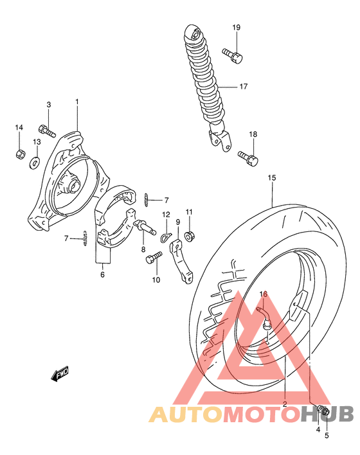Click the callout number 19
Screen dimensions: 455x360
(x=236, y=28)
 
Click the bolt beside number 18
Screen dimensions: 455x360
(x=248, y=156)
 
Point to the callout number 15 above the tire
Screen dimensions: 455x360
(x=272, y=177)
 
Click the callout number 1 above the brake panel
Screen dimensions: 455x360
(x=76, y=102)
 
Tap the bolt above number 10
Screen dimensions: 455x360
(x=152, y=258)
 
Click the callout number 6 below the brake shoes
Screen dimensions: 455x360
(x=102, y=274)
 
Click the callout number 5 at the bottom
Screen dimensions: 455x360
(x=326, y=436)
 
